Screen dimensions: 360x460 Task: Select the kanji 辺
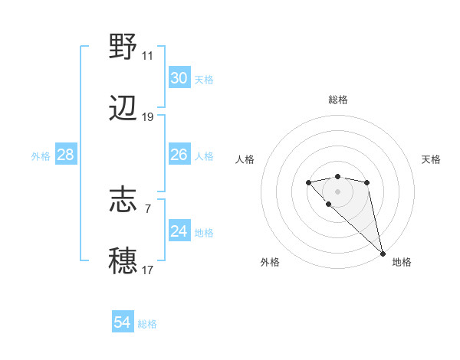[x=123, y=109]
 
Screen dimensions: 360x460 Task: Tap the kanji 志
[x=123, y=201]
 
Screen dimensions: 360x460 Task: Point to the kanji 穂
[x=123, y=261]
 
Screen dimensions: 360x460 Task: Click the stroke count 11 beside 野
[x=147, y=56]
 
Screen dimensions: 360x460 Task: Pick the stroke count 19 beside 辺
[x=147, y=117]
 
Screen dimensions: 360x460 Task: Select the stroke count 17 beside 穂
[x=147, y=270]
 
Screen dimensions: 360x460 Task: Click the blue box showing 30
[x=179, y=78]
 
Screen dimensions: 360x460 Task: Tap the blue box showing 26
[x=179, y=155]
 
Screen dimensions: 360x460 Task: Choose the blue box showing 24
[x=179, y=231]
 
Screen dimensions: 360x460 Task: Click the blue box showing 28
[x=66, y=155]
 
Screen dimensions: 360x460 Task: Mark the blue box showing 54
[x=123, y=322]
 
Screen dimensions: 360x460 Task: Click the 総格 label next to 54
[x=147, y=324]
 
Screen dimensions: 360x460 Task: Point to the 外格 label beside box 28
[x=41, y=156]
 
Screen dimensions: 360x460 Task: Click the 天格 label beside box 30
[x=204, y=80]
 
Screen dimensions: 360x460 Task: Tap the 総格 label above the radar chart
[x=338, y=100]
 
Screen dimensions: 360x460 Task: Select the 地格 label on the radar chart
[x=402, y=262]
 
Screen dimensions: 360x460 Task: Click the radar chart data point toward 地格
[x=383, y=253]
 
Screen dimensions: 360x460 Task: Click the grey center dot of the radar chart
[x=337, y=191]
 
